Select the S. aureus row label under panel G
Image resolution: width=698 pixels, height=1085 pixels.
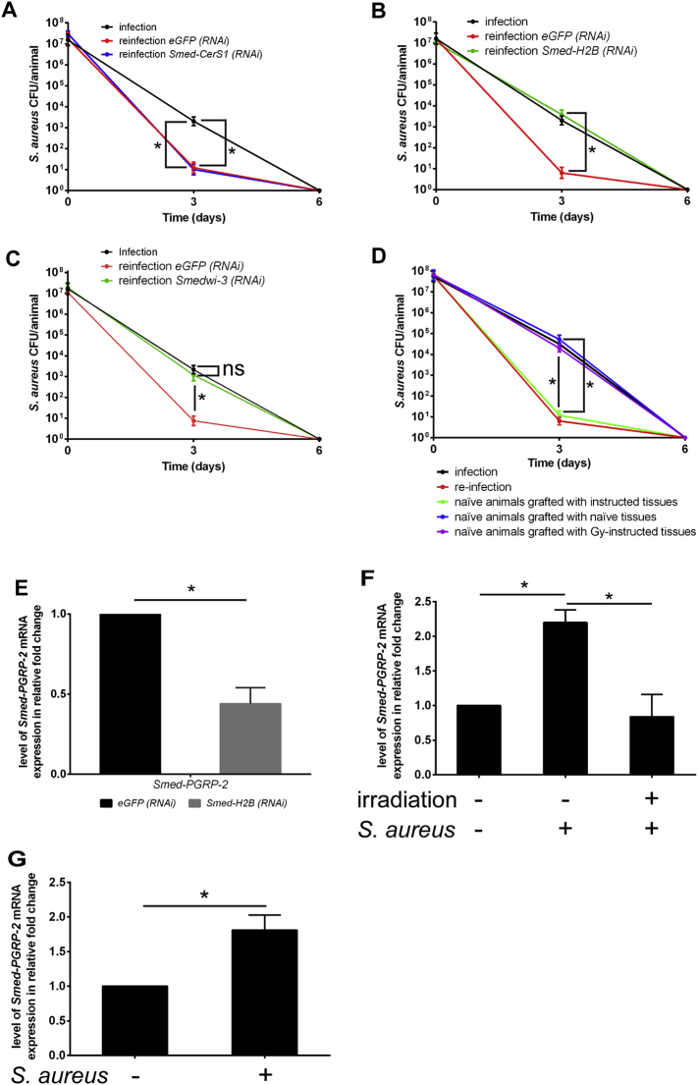pyautogui.click(x=60, y=1073)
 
